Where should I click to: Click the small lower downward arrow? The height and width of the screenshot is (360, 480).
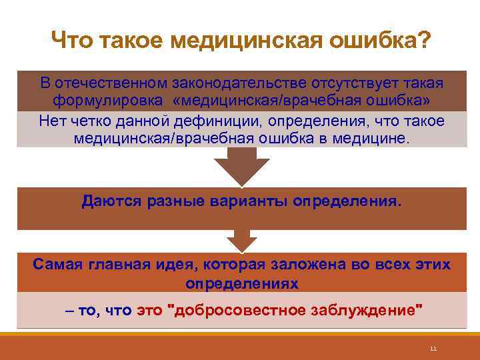pos(241,241)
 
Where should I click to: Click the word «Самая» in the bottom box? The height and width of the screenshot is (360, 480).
pos(57,263)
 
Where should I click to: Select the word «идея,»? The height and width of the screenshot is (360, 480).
pos(180,263)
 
